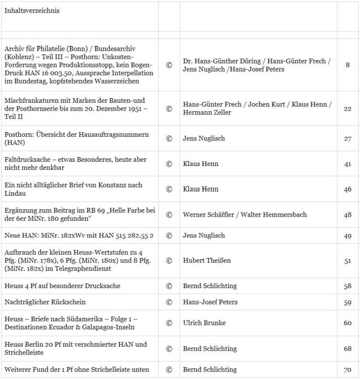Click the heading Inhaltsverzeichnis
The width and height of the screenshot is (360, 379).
click(32, 10)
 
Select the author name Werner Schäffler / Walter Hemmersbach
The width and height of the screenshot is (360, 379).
click(245, 215)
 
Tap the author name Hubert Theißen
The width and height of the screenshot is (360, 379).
click(207, 260)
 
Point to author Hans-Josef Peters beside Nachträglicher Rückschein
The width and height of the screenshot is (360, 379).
click(210, 302)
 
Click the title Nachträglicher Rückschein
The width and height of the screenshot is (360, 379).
click(44, 302)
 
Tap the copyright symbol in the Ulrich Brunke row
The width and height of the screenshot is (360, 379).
click(169, 323)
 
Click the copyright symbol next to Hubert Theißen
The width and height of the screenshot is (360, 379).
click(169, 260)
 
